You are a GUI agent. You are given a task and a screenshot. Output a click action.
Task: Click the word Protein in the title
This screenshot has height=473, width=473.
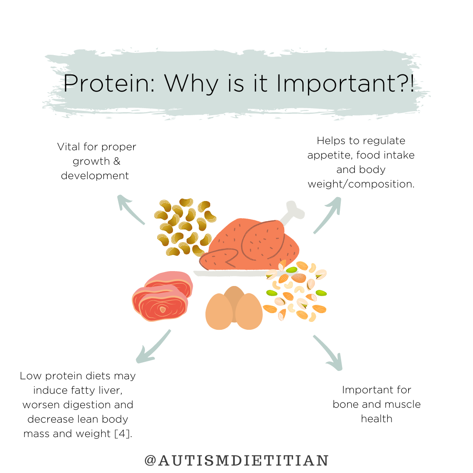tap(109, 83)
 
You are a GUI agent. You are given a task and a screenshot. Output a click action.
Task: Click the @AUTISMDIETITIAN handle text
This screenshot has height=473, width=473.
tap(236, 460)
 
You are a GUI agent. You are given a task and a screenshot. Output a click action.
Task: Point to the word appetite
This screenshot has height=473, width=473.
tap(325, 155)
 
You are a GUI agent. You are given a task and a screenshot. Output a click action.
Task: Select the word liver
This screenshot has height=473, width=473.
tap(120, 390)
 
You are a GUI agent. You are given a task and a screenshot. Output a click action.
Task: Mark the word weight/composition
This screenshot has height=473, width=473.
tap(361, 184)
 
